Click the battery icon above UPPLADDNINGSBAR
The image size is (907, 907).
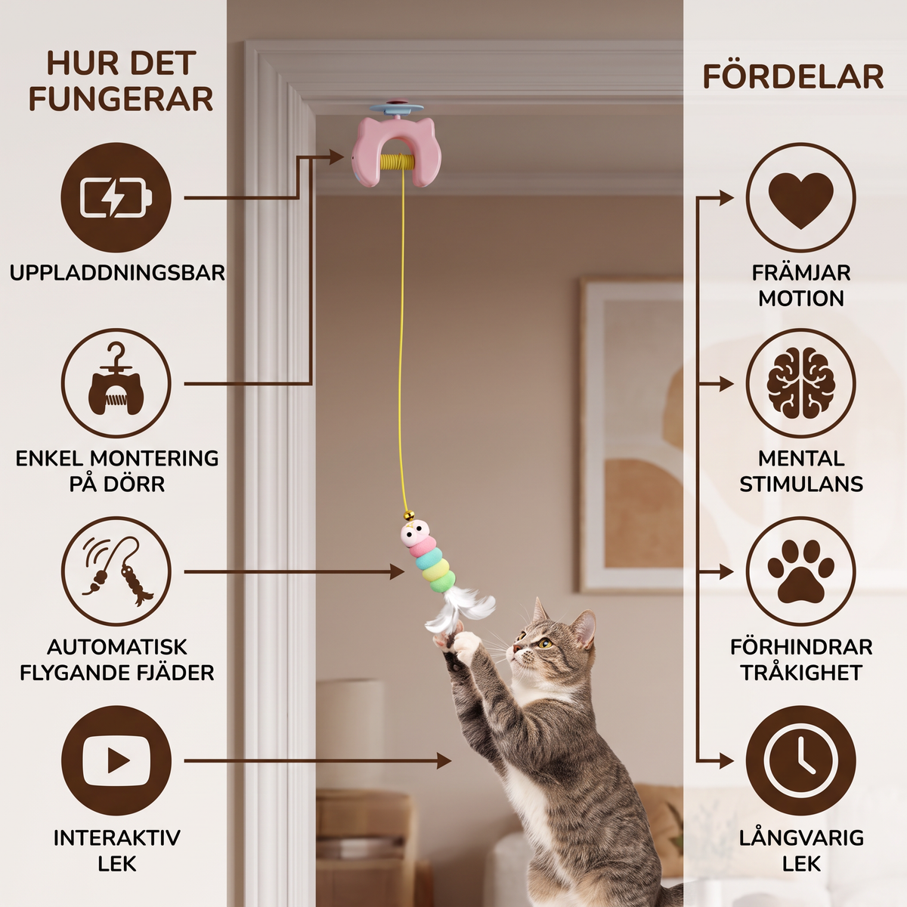tap(116, 198)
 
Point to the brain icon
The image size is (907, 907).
tap(800, 384)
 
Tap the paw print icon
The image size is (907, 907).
tap(800, 572)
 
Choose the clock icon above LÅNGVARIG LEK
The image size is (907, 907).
tap(800, 760)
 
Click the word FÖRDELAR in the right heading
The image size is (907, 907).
tap(793, 77)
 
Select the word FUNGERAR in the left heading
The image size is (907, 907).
tap(121, 98)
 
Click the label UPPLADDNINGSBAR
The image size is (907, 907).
tap(117, 273)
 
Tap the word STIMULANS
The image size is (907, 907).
tap(801, 484)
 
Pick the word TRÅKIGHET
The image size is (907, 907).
tap(801, 673)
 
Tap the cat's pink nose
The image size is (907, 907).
tap(516, 649)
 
